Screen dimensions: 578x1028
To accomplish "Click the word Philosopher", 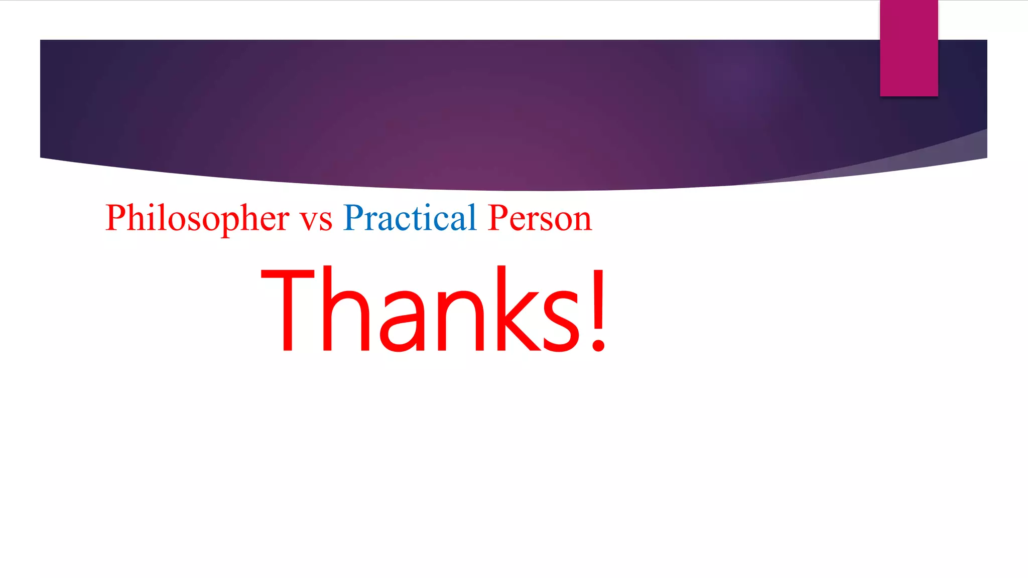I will click(x=197, y=219).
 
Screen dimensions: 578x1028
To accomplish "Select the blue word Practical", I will click(x=410, y=219).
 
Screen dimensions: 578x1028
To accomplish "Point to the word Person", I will click(x=540, y=219).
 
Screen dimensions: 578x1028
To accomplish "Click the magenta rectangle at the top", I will click(x=909, y=48).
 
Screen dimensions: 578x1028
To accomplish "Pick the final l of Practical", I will click(x=472, y=217).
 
